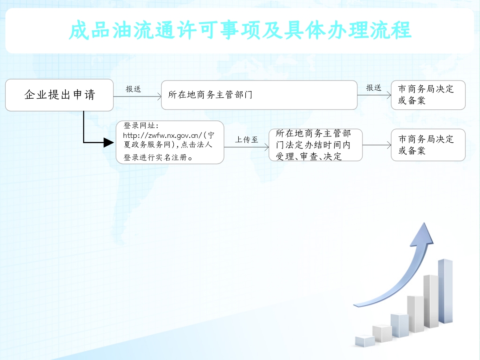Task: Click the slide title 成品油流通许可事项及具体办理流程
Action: [240, 30]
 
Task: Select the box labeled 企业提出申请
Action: [60, 95]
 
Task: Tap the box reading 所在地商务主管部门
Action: [259, 95]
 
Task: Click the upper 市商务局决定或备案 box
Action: [428, 95]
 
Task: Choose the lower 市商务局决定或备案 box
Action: [428, 145]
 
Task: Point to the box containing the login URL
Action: [170, 142]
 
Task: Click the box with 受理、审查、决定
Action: [315, 145]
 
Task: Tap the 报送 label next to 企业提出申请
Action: [133, 89]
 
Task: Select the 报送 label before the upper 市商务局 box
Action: [374, 88]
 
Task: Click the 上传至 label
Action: [246, 140]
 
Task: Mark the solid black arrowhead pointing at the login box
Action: [108, 142]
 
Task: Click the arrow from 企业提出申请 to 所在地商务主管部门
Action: [137, 97]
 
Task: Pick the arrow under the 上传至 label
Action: [246, 147]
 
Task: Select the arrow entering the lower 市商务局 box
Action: [377, 145]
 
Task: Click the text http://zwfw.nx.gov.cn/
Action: [163, 135]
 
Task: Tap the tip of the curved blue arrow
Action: [424, 223]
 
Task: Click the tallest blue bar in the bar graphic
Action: [445, 291]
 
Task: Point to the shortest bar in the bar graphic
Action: [365, 341]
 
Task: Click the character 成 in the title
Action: [79, 30]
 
